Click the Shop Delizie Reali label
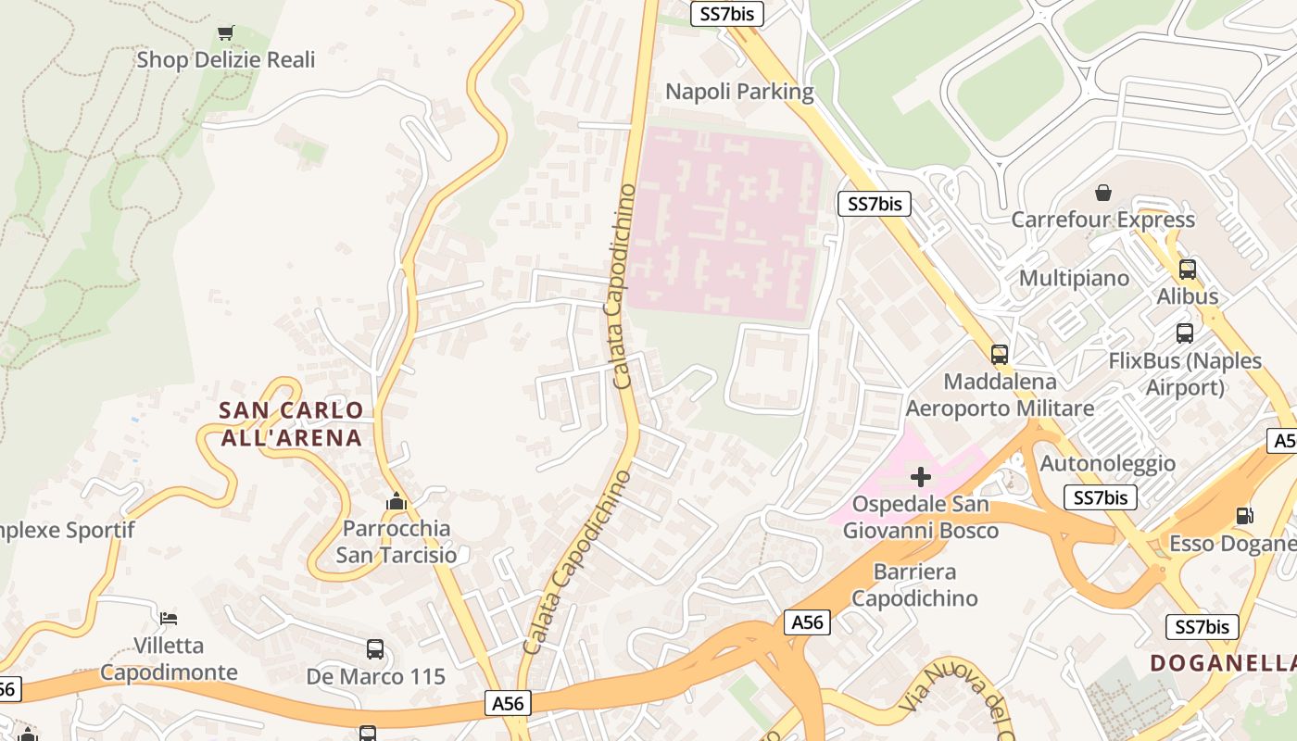click(x=225, y=60)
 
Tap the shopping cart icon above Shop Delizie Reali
click(x=225, y=33)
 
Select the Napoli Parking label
click(x=739, y=92)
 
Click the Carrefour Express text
click(x=1102, y=220)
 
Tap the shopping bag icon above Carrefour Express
click(x=1103, y=193)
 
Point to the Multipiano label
click(x=1074, y=278)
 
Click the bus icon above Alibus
click(x=1187, y=270)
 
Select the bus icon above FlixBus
click(x=1184, y=333)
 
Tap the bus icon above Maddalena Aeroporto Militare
click(x=999, y=354)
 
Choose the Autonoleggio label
click(x=1107, y=463)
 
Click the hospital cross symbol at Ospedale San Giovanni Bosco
click(x=920, y=477)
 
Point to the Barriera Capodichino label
click(x=913, y=584)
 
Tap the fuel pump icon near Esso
click(x=1244, y=516)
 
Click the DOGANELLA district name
click(x=1223, y=662)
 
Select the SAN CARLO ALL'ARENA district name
click(x=291, y=423)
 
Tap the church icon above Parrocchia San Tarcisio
click(x=397, y=501)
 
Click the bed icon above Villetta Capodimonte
click(x=168, y=618)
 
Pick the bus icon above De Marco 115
click(x=375, y=649)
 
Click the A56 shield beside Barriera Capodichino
click(x=807, y=622)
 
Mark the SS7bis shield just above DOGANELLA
click(x=1202, y=626)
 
